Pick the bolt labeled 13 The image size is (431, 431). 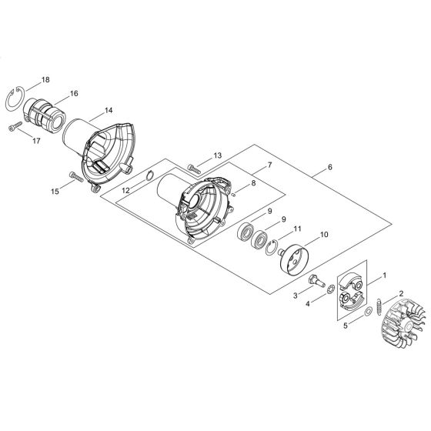coord(193,167)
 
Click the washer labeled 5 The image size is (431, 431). coord(367,310)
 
